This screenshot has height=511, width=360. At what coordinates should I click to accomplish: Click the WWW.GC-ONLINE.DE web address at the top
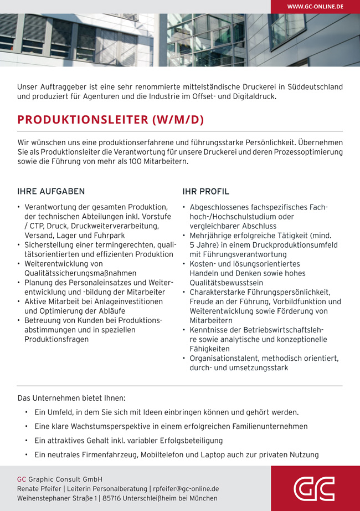pos(315,7)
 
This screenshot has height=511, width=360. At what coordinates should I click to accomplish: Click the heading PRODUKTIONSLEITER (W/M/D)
pos(111,120)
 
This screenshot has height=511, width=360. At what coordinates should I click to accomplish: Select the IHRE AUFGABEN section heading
pos(51,192)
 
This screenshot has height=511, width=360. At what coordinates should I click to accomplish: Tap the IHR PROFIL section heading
pos(205,192)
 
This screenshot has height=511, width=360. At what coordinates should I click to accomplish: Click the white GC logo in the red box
pos(314,488)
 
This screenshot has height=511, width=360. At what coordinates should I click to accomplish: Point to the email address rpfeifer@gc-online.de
pos(186,489)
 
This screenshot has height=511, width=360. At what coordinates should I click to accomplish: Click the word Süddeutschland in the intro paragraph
pos(315,87)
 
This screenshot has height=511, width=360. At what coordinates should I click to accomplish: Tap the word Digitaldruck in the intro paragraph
pos(253,96)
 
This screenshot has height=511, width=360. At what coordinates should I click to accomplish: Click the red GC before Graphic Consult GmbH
pos(22,479)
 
